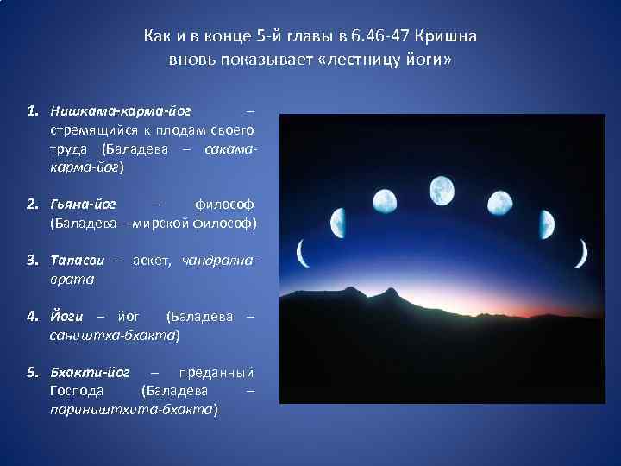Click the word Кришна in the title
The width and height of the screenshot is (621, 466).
[446, 37]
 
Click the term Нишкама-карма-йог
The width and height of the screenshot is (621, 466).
[121, 111]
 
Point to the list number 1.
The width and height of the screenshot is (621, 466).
[31, 111]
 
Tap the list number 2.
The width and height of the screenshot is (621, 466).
[32, 205]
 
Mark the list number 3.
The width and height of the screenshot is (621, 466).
[32, 261]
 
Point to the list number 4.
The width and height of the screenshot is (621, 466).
[32, 317]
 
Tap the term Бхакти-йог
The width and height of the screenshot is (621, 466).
[90, 373]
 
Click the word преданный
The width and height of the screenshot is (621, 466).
[216, 373]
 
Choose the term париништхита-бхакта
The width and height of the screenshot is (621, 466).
[134, 410]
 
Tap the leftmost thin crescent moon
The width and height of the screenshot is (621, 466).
[301, 254]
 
